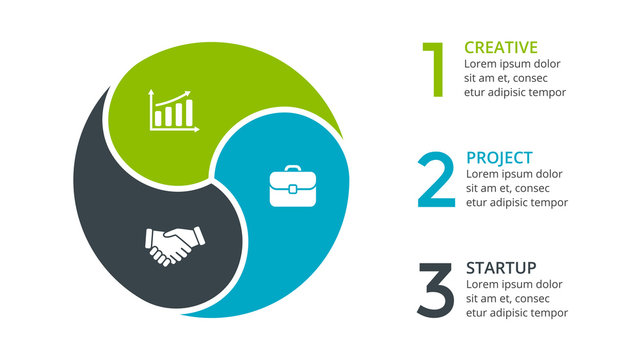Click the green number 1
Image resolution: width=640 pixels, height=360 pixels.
pos(433,69)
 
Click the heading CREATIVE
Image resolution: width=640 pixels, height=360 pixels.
pos(501,47)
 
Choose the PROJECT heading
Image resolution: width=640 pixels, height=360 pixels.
pos(499,158)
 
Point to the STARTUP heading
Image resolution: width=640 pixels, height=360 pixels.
pos(501,268)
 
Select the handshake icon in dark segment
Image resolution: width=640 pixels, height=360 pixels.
pos(174,245)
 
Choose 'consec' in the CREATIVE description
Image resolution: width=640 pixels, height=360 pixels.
pos(542,78)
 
